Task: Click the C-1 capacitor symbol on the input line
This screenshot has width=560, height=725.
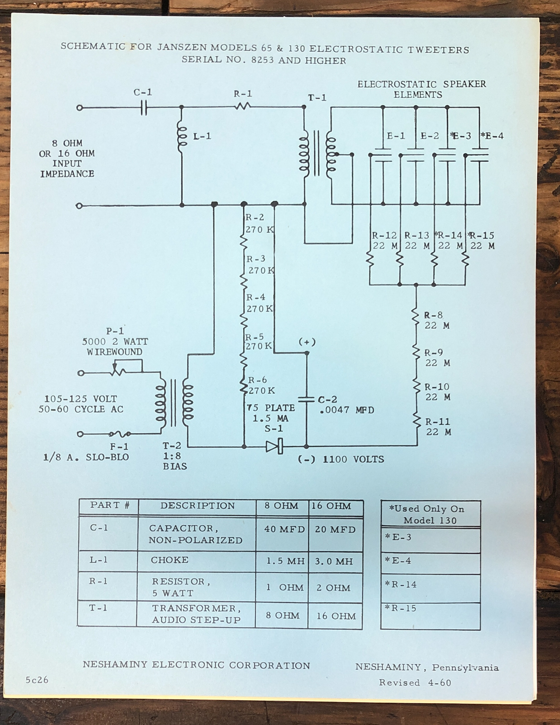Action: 143,108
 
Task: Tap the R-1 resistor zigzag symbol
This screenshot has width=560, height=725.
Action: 243,107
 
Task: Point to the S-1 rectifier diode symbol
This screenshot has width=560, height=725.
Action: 274,446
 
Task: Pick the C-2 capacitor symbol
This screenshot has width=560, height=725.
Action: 307,399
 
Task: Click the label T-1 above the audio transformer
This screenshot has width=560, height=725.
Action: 317,98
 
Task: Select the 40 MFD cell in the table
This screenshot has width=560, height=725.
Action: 285,529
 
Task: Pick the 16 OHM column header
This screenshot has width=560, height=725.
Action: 331,506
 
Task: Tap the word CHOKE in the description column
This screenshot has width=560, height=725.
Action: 170,560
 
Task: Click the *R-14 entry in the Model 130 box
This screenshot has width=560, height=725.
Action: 401,585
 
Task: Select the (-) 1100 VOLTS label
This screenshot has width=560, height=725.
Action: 341,459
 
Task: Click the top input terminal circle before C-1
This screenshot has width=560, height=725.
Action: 79,108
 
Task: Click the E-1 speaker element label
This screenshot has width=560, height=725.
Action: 396,136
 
